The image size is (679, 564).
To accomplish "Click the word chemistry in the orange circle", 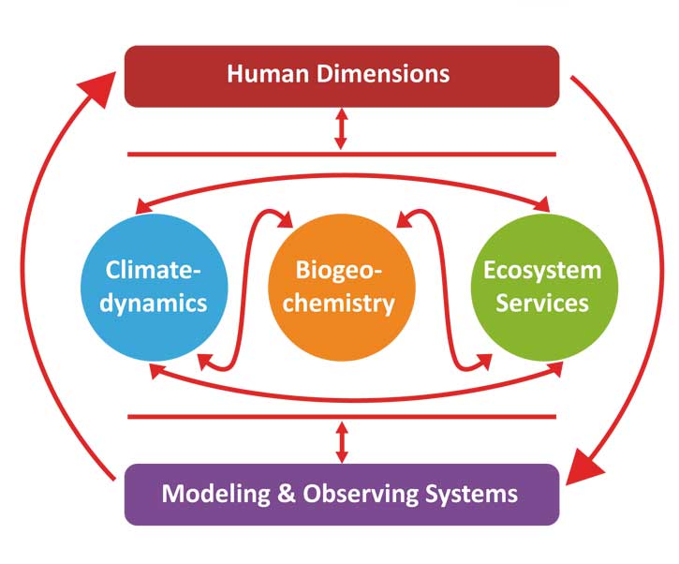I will (341, 304).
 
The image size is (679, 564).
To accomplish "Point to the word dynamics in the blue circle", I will (155, 304).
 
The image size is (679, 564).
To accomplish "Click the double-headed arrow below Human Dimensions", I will (341, 129).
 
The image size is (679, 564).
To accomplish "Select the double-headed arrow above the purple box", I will (341, 440).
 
